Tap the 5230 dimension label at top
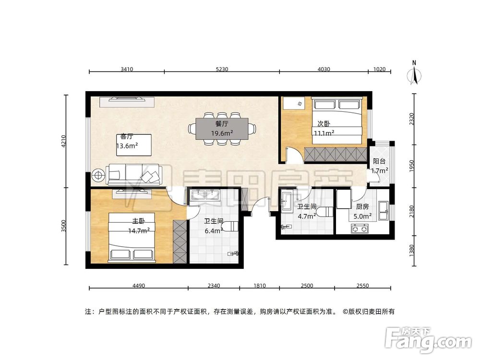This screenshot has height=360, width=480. pyautogui.click(x=222, y=69)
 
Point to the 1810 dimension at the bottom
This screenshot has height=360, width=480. pyautogui.click(x=259, y=286)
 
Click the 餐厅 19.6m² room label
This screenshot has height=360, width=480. pyautogui.click(x=221, y=128)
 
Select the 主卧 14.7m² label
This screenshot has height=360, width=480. pyautogui.click(x=139, y=226)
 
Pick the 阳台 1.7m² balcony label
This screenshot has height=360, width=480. pyautogui.click(x=379, y=166)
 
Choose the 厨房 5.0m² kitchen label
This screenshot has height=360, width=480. pyautogui.click(x=362, y=211)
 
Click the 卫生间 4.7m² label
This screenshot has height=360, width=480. pyautogui.click(x=306, y=211)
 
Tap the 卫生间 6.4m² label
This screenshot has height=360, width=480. pyautogui.click(x=213, y=226)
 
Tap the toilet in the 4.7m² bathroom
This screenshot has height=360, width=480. pyautogui.click(x=326, y=212)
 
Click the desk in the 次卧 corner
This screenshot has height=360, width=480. pyautogui.click(x=293, y=102)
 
